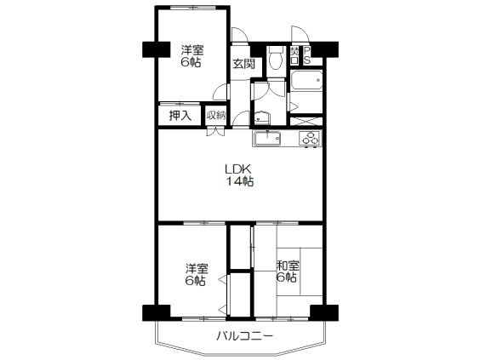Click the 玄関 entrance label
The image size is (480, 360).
pyautogui.click(x=243, y=64)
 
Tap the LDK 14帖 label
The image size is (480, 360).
pyautogui.click(x=240, y=174)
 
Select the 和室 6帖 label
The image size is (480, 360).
pyautogui.click(x=287, y=271)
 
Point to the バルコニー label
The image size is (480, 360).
pyautogui.click(x=243, y=337)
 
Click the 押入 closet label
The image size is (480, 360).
pyautogui.click(x=179, y=115)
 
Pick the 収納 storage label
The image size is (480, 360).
pyautogui.click(x=215, y=115)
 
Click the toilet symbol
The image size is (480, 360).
pyautogui.click(x=275, y=58)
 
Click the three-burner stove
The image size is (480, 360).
pyautogui.click(x=309, y=137)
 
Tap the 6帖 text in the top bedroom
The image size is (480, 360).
pyautogui.click(x=191, y=63)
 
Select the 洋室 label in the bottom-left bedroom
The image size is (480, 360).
pyautogui.click(x=196, y=266)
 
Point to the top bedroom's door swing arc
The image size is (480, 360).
pyautogui.click(x=220, y=94)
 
